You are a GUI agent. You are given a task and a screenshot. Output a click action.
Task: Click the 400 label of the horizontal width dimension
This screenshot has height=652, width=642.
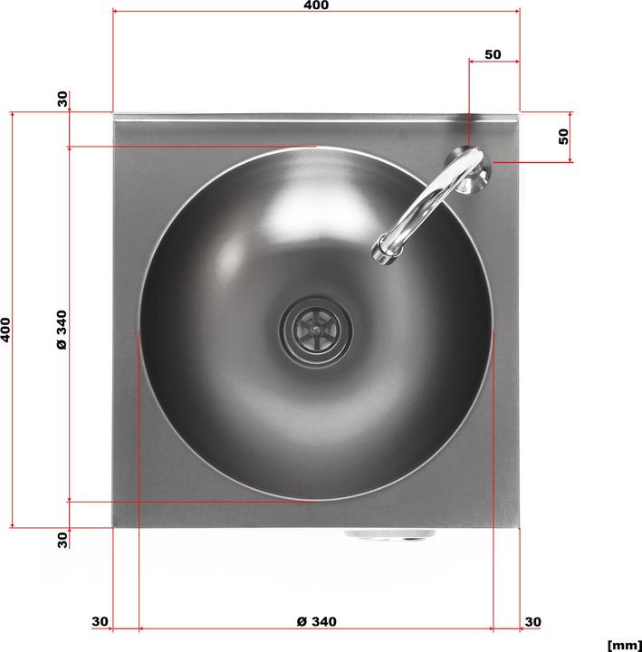tap(316, 5)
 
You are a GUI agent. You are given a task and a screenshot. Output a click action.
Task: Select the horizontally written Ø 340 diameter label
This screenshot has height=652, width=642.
tap(316, 621)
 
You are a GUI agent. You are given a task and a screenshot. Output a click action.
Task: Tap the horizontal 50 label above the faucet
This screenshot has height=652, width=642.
tap(493, 54)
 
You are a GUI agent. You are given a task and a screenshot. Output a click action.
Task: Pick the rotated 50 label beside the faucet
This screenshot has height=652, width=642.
tap(563, 137)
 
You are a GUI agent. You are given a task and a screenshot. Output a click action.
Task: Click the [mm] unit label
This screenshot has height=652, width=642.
tap(624, 645)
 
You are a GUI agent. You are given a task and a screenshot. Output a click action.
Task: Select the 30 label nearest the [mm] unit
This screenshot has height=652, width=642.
tap(532, 621)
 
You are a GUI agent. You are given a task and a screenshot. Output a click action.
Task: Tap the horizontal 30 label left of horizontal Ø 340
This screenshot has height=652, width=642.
tap(100, 621)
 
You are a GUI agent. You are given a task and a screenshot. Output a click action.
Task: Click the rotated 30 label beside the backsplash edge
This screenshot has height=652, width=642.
tap(62, 99)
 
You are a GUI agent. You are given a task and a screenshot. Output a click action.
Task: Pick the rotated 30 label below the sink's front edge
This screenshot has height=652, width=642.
tap(62, 539)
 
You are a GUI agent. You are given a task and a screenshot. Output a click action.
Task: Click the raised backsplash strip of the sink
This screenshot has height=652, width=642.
tap(316, 118)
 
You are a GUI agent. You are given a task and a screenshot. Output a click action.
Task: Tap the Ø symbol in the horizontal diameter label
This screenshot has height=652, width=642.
tap(302, 621)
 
